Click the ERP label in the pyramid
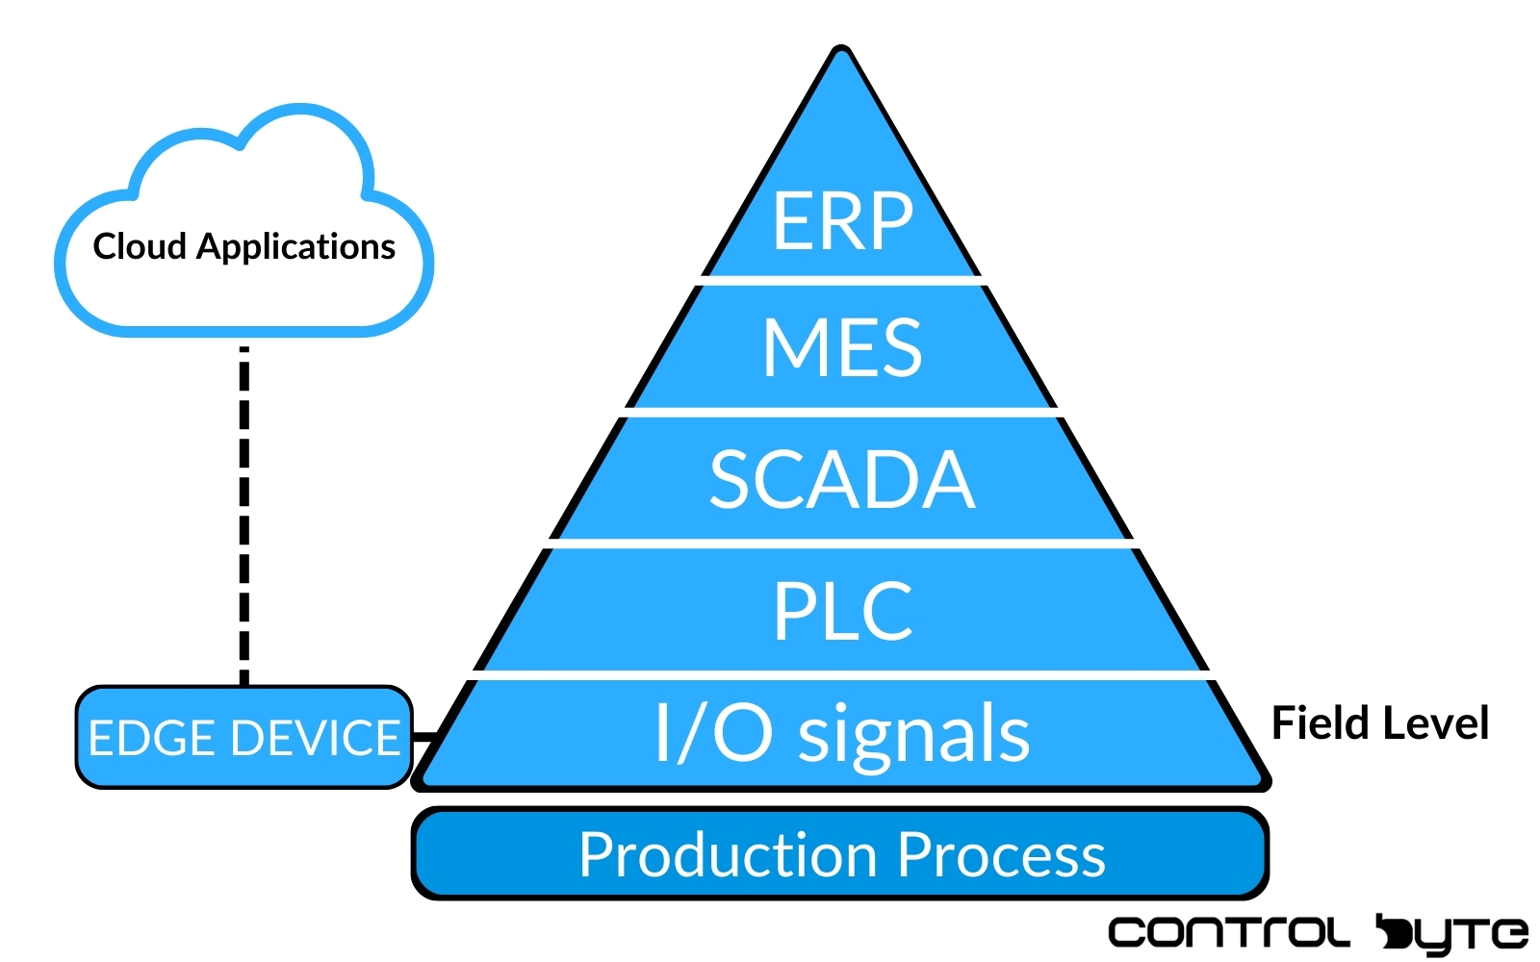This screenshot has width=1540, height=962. (843, 220)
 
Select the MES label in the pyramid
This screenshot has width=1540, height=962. (843, 347)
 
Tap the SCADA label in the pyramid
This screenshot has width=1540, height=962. (843, 479)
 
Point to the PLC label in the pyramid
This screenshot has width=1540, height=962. (843, 610)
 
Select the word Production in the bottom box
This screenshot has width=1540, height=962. (728, 854)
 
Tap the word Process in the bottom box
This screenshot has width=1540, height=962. (1002, 854)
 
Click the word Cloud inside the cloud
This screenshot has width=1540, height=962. (140, 246)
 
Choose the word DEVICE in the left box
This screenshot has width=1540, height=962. (316, 738)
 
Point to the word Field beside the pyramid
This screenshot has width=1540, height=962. (1321, 722)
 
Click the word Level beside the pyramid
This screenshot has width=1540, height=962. (1435, 722)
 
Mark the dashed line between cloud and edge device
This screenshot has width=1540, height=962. (244, 516)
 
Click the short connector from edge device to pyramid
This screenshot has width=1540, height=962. (424, 737)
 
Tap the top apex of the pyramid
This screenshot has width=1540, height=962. (841, 47)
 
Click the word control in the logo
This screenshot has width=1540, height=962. (1229, 932)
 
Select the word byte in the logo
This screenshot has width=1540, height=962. (1452, 935)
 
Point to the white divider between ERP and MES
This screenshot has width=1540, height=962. (843, 280)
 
